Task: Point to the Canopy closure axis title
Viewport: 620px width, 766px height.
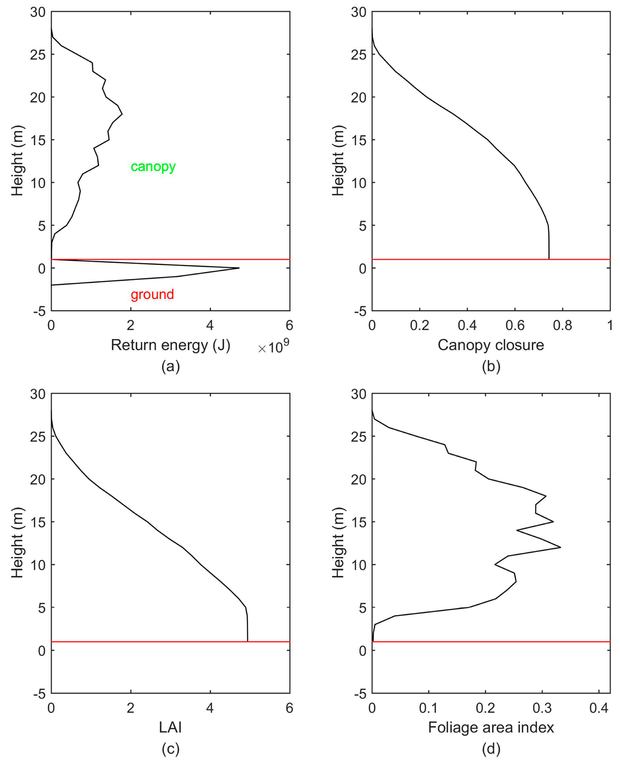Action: [491, 345]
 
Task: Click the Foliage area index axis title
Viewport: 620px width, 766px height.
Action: [491, 727]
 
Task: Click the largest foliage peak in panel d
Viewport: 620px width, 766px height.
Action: [560, 547]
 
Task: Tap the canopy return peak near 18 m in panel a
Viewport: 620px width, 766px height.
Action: [122, 114]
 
